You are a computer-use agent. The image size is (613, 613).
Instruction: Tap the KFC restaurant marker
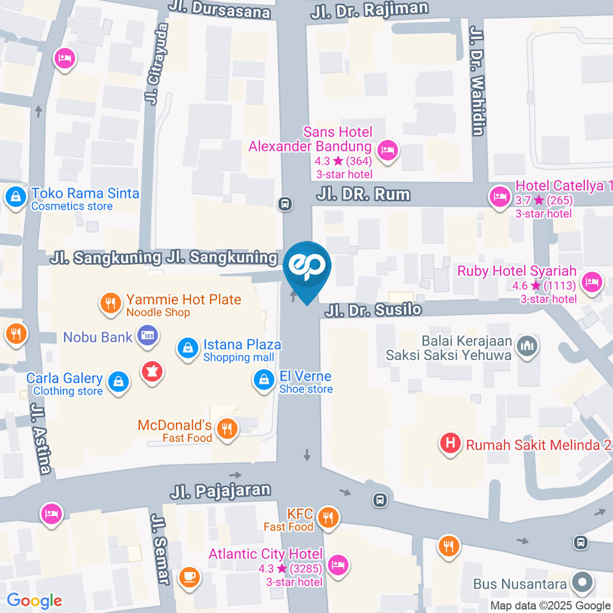click(328, 518)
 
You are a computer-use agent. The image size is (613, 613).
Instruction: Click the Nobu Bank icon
click(148, 336)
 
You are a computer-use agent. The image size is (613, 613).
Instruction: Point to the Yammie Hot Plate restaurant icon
click(111, 303)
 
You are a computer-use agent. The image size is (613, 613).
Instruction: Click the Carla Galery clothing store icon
click(117, 382)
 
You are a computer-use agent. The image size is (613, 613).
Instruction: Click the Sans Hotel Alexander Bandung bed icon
click(386, 151)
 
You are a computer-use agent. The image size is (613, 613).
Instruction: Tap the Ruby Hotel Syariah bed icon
click(593, 281)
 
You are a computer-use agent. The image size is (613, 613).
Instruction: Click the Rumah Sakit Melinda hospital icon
click(451, 443)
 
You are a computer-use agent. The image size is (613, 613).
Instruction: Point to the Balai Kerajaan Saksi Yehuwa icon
click(528, 345)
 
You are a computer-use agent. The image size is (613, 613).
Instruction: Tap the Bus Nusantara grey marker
click(582, 583)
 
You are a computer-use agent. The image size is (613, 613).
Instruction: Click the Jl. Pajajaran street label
click(220, 491)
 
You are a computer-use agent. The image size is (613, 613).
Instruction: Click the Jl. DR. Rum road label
click(363, 194)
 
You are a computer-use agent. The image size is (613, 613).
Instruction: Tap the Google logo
click(34, 600)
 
